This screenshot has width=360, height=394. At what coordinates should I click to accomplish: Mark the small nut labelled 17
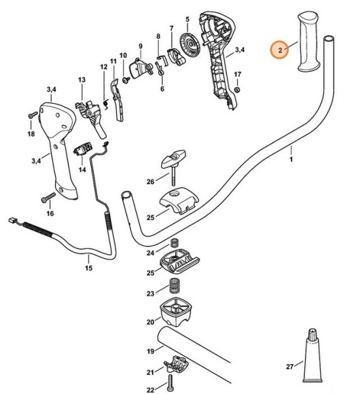pos(237,88)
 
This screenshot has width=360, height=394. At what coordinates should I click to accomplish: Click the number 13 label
pos(82,80)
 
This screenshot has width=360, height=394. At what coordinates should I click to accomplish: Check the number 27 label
pos(290,366)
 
